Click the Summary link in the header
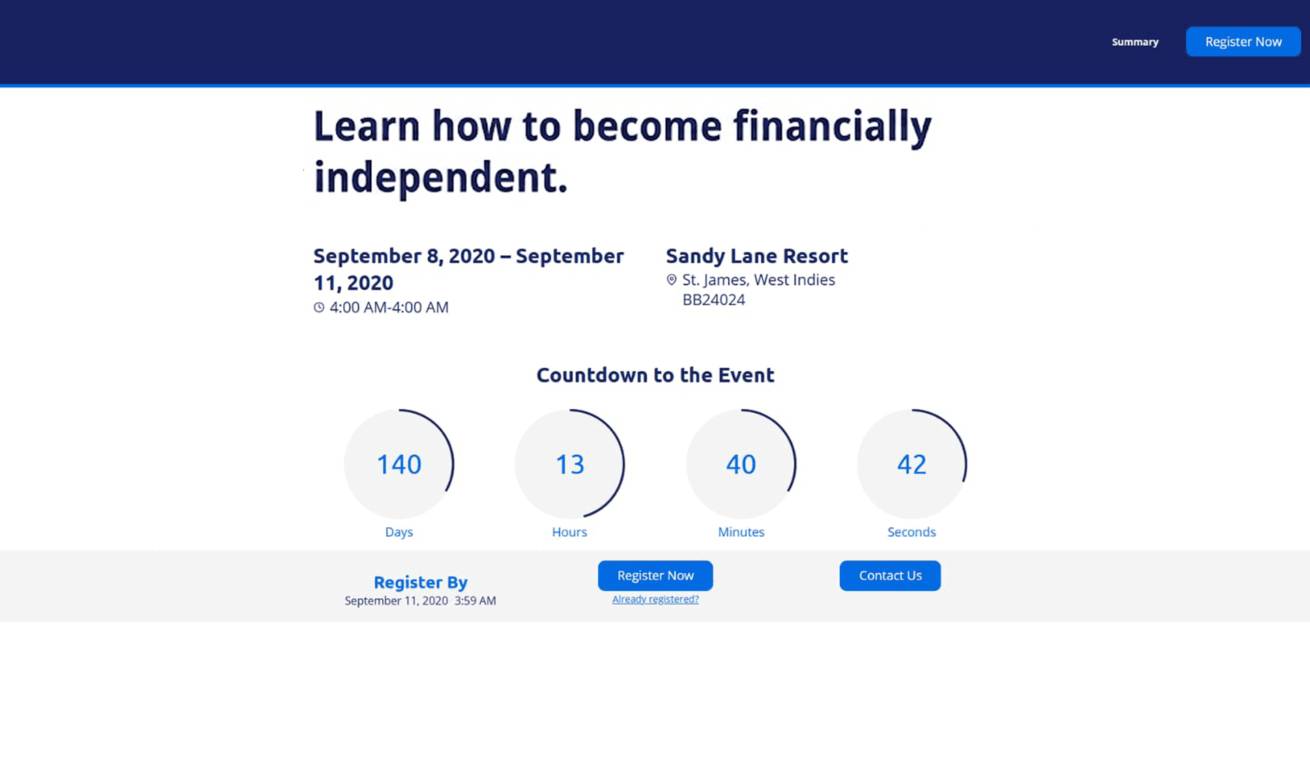pos(1135,42)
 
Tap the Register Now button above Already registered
pos(655,576)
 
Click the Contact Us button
pos(890,576)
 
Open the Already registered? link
pos(655,600)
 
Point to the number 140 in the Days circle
pos(399,465)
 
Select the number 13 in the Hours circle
pos(570,465)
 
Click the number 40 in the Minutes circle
pos(741,465)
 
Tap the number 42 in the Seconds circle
pos(912,465)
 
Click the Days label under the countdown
pos(399,532)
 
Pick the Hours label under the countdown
pos(570,532)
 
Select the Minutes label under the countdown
pos(741,532)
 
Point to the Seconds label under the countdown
pos(912,532)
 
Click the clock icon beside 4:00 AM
pos(319,308)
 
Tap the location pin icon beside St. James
pos(671,280)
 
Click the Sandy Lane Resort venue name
pos(757,256)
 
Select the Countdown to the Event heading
pos(655,375)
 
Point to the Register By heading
pos(420,583)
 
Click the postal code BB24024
pos(714,300)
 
